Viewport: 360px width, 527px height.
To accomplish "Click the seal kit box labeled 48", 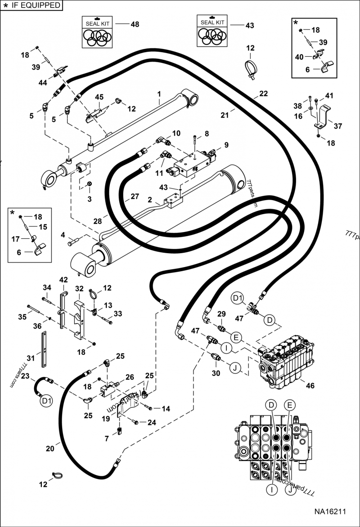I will coord(97,31).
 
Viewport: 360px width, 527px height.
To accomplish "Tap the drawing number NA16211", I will coord(330,512).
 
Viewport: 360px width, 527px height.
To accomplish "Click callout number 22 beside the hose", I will coord(263,94).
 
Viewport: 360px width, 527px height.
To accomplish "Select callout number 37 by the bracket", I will coord(337,126).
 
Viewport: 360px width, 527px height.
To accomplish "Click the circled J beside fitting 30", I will coord(234,368).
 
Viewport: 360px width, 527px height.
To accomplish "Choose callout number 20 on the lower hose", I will coord(49,448).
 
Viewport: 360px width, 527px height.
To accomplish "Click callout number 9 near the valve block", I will coord(226,145).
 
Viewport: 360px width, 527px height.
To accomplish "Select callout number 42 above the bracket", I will coord(63,280).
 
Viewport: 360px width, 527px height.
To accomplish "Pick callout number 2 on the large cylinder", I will coord(150,199).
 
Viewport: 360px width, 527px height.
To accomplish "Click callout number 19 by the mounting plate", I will coord(106,419).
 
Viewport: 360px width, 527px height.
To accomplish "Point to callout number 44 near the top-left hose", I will coord(43,83).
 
